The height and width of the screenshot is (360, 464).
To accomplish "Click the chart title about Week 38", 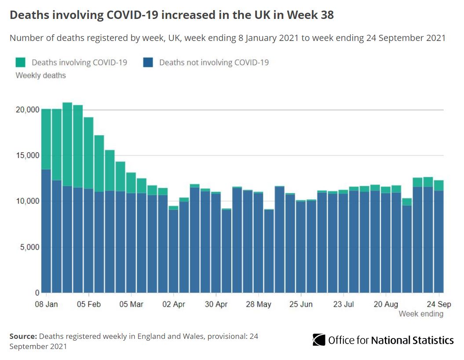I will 172,15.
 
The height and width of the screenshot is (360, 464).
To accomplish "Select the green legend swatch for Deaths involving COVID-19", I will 21,62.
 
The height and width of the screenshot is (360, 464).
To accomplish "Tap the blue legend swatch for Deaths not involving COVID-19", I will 148,62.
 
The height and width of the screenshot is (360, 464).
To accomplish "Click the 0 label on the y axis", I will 37,293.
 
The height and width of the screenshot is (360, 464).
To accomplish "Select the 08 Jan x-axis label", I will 46,304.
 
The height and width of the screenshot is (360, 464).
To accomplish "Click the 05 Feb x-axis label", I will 89,304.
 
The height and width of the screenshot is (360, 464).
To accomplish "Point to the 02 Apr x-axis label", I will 174,304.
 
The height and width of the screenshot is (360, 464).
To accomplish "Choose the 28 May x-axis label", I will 258,304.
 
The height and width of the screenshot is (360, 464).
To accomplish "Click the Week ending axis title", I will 421,314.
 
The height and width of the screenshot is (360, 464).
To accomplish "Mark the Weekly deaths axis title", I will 40,76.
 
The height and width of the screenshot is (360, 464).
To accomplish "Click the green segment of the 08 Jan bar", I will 46,139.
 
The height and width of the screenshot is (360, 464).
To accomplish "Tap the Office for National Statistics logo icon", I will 319,340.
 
